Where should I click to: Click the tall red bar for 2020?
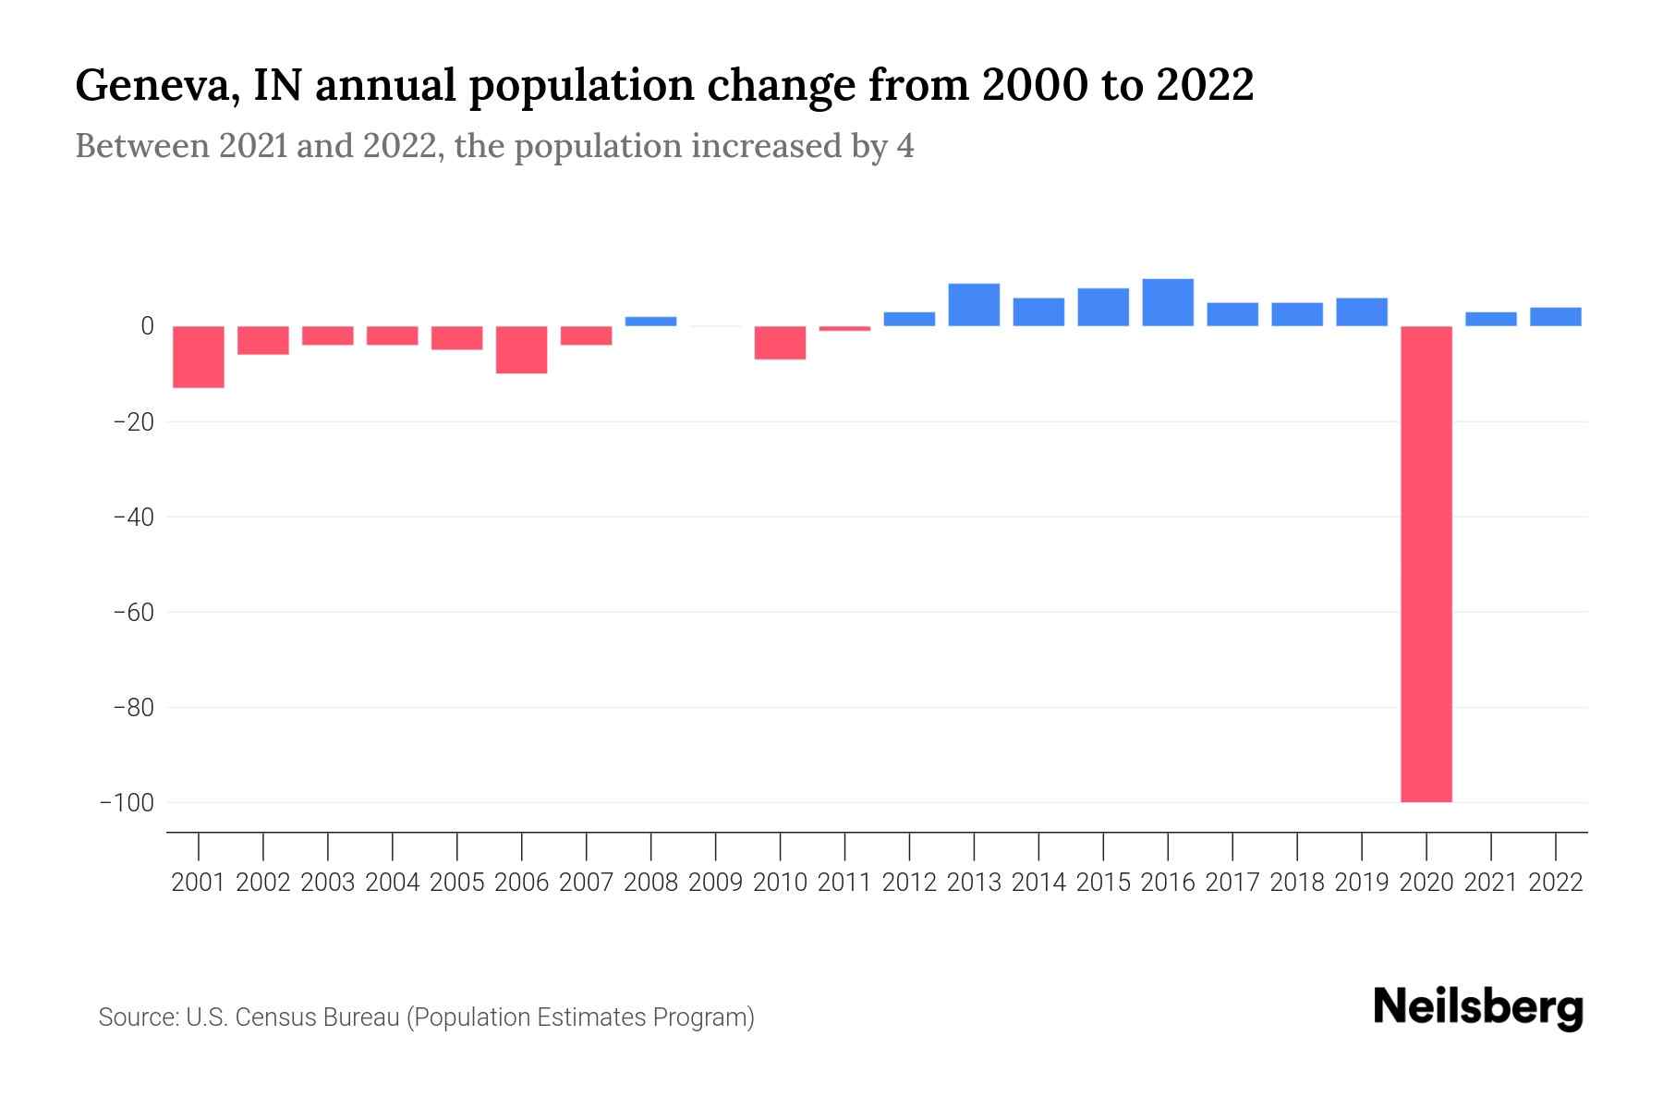tap(1426, 564)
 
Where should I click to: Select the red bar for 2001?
tap(199, 357)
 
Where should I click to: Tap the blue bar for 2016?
tap(1168, 302)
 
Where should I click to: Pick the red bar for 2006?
tap(522, 349)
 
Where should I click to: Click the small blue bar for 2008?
tap(650, 322)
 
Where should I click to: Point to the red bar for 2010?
tap(780, 342)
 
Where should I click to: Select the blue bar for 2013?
tap(974, 305)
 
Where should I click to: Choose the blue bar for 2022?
tap(1555, 317)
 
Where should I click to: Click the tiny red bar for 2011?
tap(844, 328)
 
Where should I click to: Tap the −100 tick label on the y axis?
tap(126, 802)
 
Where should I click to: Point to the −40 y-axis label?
tap(132, 517)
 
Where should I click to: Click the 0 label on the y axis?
tap(147, 326)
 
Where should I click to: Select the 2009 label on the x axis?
tap(715, 883)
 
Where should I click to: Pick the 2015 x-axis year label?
tap(1102, 883)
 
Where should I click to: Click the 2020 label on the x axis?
tap(1426, 883)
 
